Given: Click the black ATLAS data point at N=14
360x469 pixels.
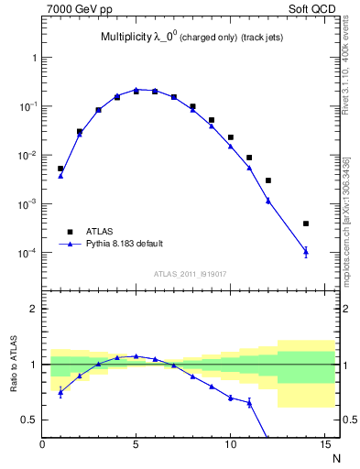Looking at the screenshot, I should [306, 224].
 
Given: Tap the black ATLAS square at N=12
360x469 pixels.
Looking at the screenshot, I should [268, 180].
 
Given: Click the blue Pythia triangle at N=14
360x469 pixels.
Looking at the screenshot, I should [306, 251].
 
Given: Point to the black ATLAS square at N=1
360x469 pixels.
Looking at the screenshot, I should [60, 169].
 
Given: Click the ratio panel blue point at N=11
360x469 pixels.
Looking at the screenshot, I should [249, 402].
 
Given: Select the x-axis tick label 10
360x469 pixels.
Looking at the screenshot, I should [230, 445].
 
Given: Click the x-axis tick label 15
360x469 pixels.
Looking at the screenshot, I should [323, 445].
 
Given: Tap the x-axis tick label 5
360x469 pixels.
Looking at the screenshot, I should [136, 445].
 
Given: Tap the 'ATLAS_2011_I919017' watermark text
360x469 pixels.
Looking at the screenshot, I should [189, 273].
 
